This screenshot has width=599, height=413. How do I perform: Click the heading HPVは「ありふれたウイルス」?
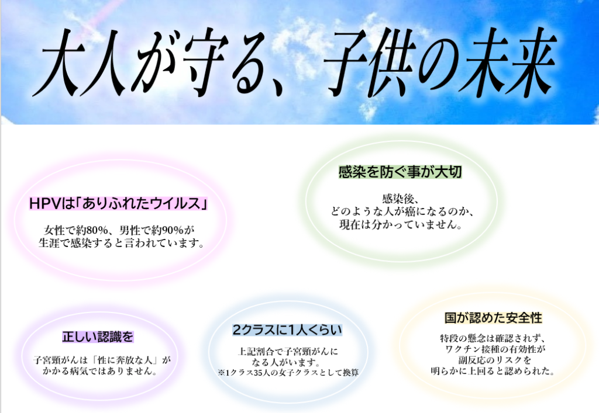(118, 203)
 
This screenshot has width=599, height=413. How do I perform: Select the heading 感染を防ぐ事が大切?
(400, 172)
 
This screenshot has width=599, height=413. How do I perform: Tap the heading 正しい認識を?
(98, 336)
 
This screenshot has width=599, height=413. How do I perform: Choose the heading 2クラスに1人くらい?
(287, 330)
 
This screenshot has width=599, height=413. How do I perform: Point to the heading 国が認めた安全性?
(493, 318)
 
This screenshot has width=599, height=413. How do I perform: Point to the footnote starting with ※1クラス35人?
(288, 373)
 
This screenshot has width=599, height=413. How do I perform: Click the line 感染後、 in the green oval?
(401, 199)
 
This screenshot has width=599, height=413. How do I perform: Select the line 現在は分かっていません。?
(401, 225)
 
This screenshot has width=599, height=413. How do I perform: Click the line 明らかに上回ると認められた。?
(493, 371)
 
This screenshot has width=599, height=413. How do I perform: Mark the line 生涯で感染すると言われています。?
(122, 243)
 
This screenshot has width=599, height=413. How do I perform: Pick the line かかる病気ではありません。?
(100, 371)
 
